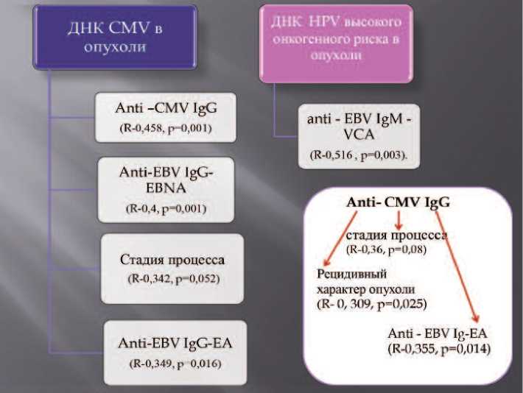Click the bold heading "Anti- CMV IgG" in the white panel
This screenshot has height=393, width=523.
(x=399, y=202)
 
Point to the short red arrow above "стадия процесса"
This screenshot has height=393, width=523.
(x=399, y=219)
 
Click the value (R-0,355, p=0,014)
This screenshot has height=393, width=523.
(x=439, y=347)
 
